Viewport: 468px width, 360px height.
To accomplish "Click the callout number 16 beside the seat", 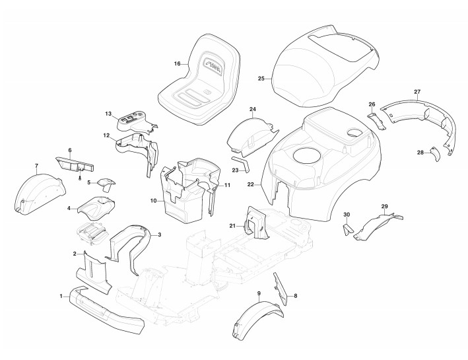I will coord(177,63).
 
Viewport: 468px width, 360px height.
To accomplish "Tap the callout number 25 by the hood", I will coord(261,79).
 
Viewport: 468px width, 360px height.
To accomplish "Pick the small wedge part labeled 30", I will coord(345,229).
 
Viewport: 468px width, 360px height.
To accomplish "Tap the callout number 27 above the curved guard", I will coord(417,91).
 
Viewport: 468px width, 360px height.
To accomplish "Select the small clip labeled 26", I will coord(374,118).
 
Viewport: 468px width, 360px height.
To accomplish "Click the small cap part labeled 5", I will coord(106,182).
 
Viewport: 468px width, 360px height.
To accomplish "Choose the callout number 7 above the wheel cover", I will coord(36,164).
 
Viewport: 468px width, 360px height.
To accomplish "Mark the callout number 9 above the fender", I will coord(259,292).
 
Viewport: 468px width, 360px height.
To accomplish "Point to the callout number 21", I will coord(232,226).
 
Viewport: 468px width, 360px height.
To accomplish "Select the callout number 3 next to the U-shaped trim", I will coord(159,234).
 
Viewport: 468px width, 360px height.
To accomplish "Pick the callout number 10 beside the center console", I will coord(153,200).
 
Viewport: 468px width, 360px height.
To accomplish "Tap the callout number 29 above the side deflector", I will coord(385,207).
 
